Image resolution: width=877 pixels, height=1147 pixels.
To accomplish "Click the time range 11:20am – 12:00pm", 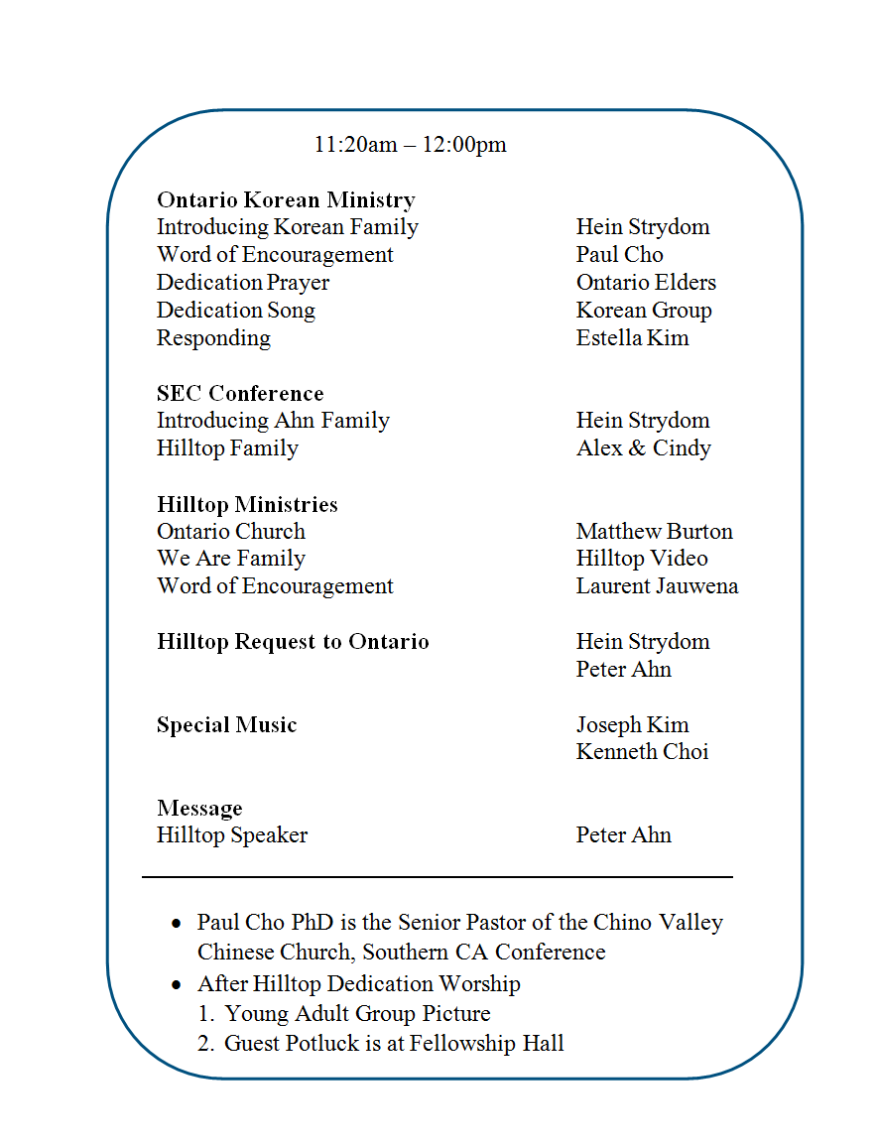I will pos(410,145).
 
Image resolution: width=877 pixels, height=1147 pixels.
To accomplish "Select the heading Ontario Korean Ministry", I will pos(286,199).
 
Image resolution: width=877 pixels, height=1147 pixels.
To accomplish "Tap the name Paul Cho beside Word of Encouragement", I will pos(619,255).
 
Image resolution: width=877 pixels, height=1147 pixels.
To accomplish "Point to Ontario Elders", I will pos(646,283).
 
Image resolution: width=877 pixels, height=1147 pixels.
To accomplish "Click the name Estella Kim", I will pos(632,338).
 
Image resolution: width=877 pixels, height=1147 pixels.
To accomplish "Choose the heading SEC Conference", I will pos(240,393).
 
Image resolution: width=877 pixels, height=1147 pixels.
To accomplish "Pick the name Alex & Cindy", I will pos(643,448).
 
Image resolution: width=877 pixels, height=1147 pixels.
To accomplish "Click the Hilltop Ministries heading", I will pos(247,504).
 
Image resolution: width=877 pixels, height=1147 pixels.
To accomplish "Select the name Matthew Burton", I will pos(654,532).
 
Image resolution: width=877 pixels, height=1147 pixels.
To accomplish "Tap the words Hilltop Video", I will pos(642,559).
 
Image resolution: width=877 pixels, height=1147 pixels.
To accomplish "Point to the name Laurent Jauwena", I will pos(657,586).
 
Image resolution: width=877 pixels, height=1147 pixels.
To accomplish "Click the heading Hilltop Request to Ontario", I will pos(293,642).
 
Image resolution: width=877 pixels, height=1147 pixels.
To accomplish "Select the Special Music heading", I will pos(226,725).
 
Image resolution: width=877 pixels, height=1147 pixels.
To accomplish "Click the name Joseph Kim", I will pos(632,725).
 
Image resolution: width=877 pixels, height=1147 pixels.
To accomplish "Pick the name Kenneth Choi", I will pos(642,752).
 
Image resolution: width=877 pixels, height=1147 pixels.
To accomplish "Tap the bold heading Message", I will pos(199,809).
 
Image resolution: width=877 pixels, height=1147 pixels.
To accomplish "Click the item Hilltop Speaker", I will pos(232,835).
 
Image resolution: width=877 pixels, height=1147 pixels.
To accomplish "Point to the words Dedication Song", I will pos(236,311).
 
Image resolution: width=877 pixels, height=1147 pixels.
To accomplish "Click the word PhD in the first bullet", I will pos(314,923).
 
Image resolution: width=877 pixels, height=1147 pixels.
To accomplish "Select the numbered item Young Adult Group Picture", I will pos(357,1014).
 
